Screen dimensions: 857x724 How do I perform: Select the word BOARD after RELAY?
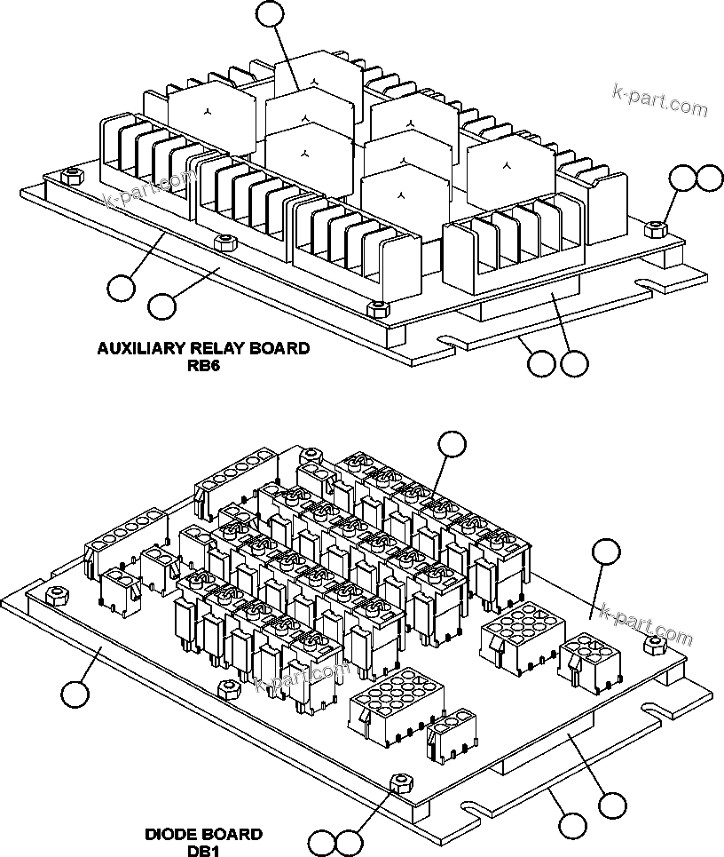pos(279,348)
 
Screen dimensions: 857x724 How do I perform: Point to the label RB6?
pos(203,364)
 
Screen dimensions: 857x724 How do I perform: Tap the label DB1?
pos(203,850)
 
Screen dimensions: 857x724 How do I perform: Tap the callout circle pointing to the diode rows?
pos(452,444)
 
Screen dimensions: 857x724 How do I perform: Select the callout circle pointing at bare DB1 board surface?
pos(606,551)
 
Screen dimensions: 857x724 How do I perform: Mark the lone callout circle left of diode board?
pos(75,693)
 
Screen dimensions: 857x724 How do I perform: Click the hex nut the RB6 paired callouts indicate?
pos(653,227)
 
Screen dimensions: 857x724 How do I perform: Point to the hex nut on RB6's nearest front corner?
pos(377,307)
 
